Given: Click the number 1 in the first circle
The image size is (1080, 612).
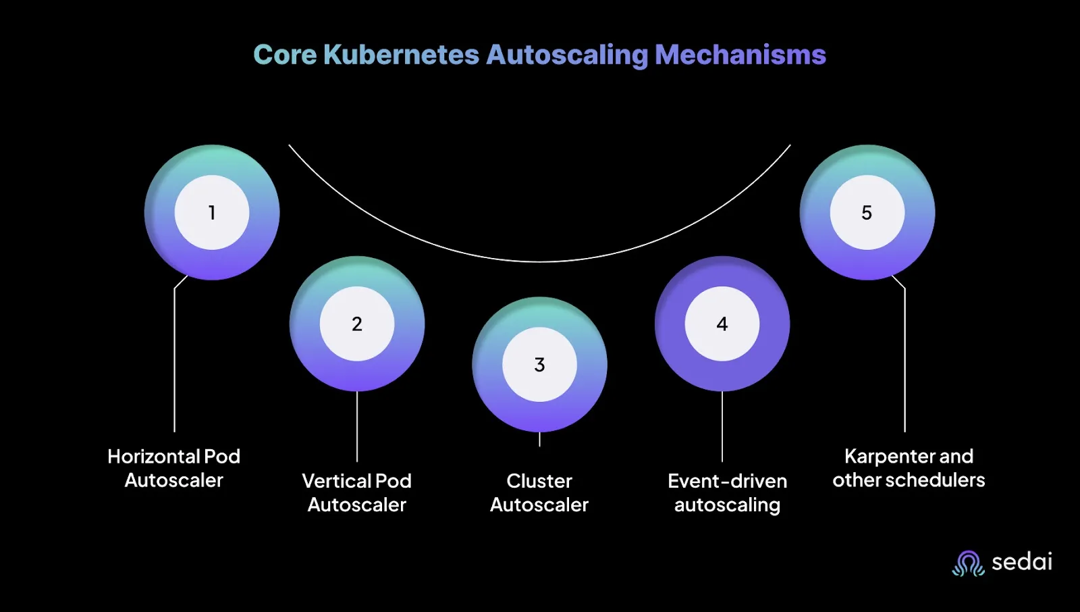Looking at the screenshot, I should pyautogui.click(x=212, y=213).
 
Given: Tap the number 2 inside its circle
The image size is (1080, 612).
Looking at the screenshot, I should pyautogui.click(x=357, y=324).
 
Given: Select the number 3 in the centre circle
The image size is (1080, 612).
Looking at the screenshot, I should pyautogui.click(x=539, y=365).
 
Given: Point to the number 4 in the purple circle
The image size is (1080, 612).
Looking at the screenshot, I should pyautogui.click(x=722, y=324).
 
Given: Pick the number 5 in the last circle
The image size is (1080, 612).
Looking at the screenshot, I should pyautogui.click(x=867, y=213).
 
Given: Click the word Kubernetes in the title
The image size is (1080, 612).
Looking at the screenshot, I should pyautogui.click(x=401, y=55).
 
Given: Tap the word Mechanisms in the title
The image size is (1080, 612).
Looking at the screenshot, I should pyautogui.click(x=740, y=55).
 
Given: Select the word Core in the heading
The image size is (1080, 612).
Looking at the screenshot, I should pyautogui.click(x=284, y=55).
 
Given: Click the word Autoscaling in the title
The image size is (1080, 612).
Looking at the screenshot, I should pyautogui.click(x=567, y=55).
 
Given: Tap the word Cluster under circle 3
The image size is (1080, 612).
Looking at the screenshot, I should pyautogui.click(x=539, y=481).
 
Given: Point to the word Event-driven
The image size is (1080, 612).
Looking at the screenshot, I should pyautogui.click(x=727, y=481).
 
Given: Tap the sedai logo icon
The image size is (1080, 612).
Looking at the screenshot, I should pyautogui.click(x=968, y=563).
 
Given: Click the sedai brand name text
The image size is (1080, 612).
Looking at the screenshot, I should pyautogui.click(x=1021, y=561).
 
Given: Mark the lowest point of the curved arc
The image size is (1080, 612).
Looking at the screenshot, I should pyautogui.click(x=539, y=261).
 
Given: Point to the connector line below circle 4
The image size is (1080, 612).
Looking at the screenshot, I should pyautogui.click(x=722, y=426).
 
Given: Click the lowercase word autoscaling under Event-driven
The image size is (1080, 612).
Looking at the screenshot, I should pyautogui.click(x=727, y=505).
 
